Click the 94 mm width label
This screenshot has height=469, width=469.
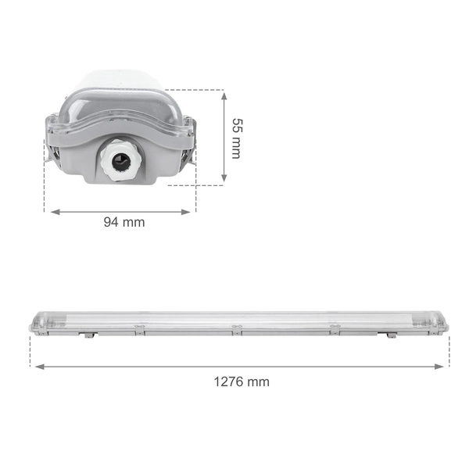point(124,222)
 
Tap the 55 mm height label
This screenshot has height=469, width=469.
point(236,138)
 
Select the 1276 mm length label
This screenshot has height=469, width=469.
point(242,381)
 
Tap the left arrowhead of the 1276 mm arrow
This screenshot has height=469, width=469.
point(34,365)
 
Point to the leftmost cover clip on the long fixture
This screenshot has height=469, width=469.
point(138,326)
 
